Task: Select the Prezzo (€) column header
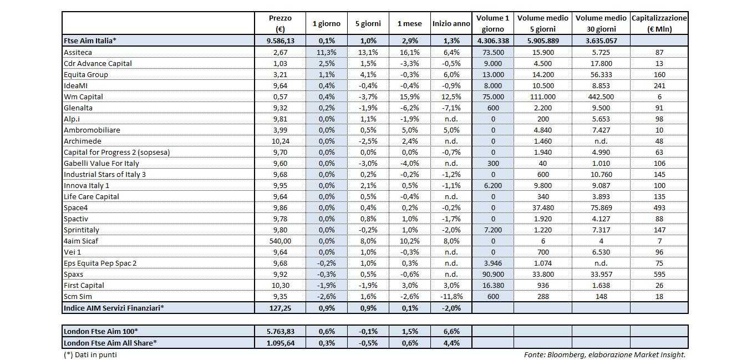click(x=280, y=24)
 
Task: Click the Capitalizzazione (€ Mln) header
click(x=659, y=24)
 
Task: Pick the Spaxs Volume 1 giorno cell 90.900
click(x=492, y=274)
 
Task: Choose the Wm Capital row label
click(x=83, y=97)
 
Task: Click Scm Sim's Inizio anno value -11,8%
click(x=452, y=296)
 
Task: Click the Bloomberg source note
click(x=604, y=354)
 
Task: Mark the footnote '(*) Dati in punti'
click(x=90, y=354)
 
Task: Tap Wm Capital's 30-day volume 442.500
click(x=601, y=97)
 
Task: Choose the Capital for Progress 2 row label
click(x=116, y=152)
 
